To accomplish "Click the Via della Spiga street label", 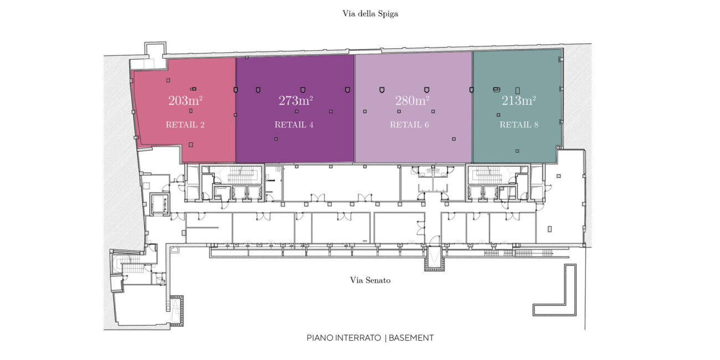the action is point(370,14).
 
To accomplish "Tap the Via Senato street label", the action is point(370,280).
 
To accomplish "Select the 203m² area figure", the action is point(186,101).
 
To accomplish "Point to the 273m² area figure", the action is point(296,101).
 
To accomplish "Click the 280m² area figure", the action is point(412,101).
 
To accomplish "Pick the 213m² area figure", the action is point(519,101).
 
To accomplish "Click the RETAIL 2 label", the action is point(185,125).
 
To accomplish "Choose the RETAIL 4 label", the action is point(294,125).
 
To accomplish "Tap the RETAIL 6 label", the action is point(409,125).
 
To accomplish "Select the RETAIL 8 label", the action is point(519,125).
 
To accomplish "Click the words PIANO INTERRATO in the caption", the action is point(343,338).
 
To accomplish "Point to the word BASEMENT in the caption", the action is point(411,338).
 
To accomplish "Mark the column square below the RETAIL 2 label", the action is point(191,145).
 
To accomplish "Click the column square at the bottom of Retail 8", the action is point(517,151).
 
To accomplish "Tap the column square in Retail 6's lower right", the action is point(454,139).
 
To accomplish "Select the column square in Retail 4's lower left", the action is point(276,139).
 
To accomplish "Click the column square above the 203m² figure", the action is point(168,80).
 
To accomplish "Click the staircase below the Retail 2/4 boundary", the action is point(241,175).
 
